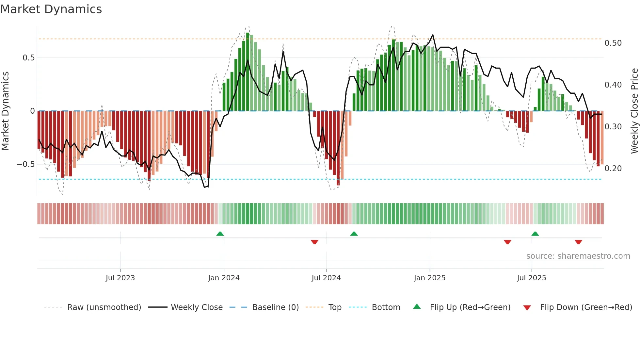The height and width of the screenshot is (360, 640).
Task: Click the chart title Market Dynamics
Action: [x=51, y=9]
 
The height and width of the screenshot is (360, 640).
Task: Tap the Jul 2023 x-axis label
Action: [x=120, y=278]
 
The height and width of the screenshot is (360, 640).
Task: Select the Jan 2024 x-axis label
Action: [x=224, y=278]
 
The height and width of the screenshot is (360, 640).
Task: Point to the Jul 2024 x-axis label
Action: [x=326, y=278]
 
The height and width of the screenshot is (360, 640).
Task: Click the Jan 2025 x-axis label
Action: [x=429, y=278]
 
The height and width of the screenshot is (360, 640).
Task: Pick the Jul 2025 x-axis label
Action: [x=531, y=278]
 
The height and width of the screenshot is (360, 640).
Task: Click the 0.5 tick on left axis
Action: [x=28, y=58]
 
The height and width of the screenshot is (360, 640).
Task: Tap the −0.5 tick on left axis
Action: [x=25, y=164]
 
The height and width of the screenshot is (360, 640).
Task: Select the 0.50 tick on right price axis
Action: [x=613, y=43]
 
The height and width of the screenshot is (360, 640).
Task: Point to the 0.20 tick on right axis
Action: [x=613, y=169]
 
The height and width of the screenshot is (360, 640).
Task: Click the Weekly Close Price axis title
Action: [x=634, y=111]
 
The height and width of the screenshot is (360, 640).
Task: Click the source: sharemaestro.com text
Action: [x=578, y=256]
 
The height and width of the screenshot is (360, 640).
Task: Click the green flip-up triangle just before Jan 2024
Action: [x=220, y=234]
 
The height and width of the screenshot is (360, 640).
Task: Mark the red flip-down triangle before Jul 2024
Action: [x=314, y=242]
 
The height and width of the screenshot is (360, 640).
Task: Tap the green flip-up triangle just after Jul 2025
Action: [x=535, y=234]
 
